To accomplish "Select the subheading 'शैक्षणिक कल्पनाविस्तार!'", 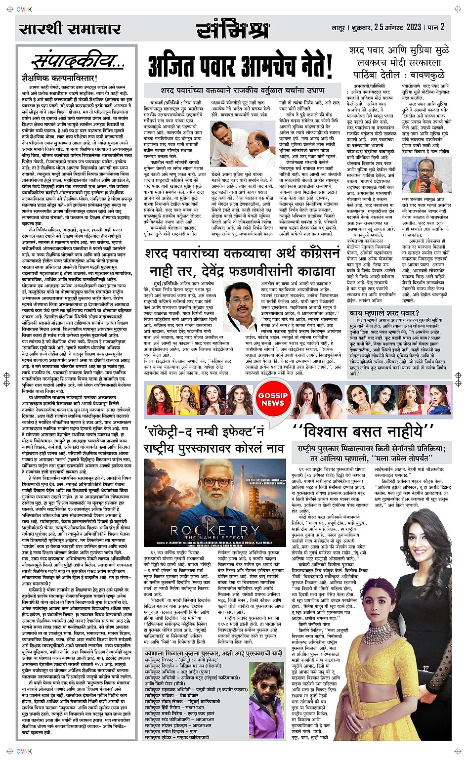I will click(x=59, y=78).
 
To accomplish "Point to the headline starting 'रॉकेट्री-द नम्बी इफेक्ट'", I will click(x=213, y=439).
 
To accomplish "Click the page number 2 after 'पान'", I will click(x=443, y=27).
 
